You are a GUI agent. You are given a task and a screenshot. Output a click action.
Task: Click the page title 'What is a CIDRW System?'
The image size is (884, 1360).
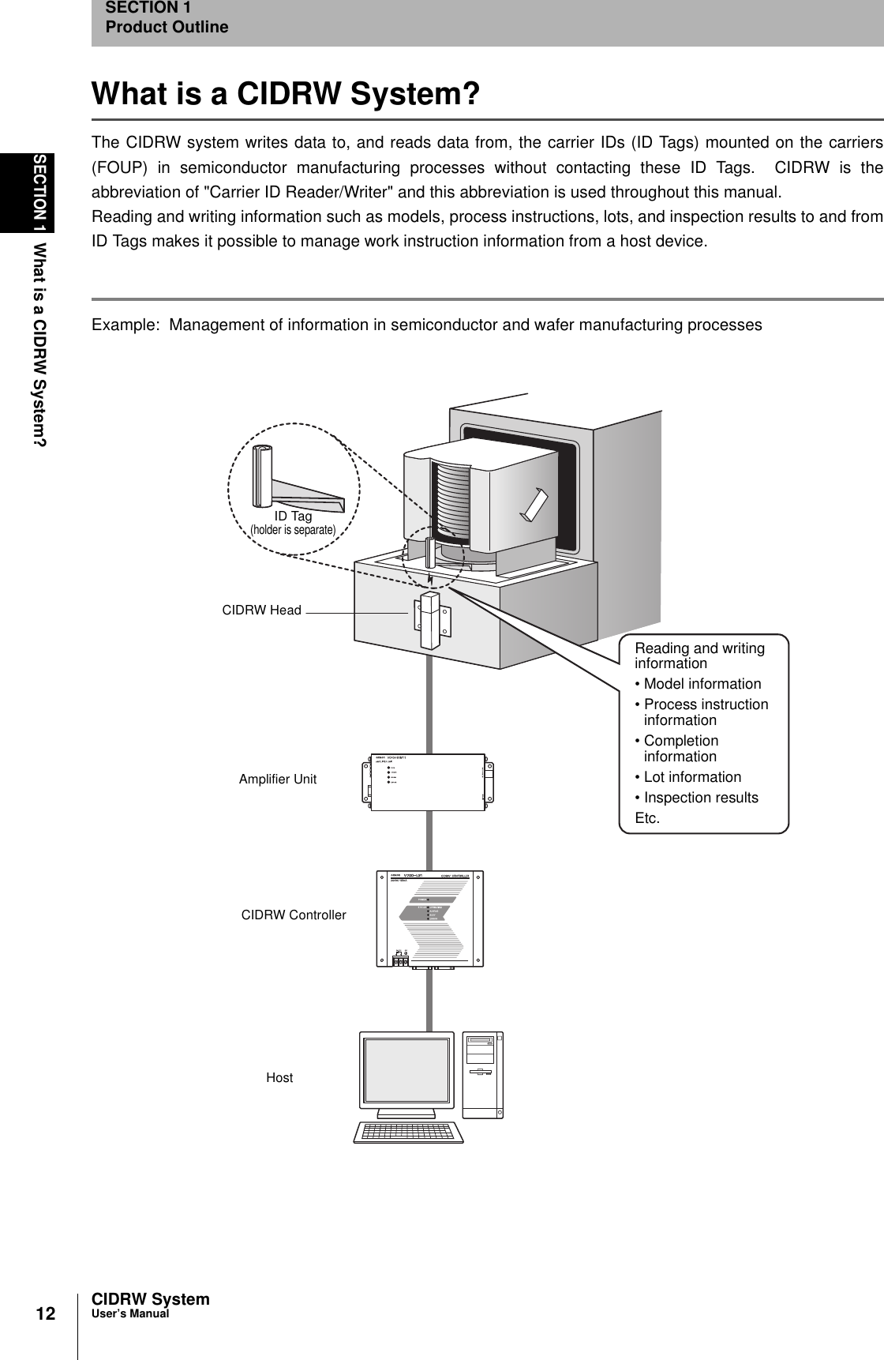[286, 94]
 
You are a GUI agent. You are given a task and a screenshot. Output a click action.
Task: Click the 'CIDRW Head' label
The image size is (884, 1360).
[261, 610]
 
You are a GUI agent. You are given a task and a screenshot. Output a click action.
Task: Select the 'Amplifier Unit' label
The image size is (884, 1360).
[277, 779]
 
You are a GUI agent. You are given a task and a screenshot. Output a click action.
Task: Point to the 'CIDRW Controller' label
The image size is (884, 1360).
[293, 915]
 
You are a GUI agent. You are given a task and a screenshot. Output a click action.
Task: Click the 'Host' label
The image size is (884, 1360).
[279, 1077]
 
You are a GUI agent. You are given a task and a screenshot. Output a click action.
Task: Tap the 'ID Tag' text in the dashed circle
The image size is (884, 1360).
[293, 517]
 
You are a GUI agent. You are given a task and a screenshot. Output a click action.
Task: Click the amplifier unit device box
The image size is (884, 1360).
[430, 782]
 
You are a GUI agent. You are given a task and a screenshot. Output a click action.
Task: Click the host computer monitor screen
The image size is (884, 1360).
[406, 1073]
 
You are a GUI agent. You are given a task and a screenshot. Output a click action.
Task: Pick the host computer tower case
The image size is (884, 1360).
[482, 1074]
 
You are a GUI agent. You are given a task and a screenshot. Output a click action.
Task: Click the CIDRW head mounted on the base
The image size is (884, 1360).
[430, 620]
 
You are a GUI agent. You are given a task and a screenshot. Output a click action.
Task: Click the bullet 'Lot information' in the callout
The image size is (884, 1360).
[692, 777]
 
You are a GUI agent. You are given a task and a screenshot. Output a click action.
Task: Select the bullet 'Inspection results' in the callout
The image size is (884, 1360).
[701, 798]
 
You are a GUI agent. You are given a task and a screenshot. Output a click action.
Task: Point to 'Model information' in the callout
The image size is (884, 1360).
[702, 684]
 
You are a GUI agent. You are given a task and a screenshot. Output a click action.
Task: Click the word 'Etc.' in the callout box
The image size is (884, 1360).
[647, 818]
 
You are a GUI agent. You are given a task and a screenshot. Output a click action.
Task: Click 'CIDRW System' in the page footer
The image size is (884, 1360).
[151, 1299]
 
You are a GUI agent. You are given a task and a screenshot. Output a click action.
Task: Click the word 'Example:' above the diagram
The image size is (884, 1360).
[124, 325]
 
